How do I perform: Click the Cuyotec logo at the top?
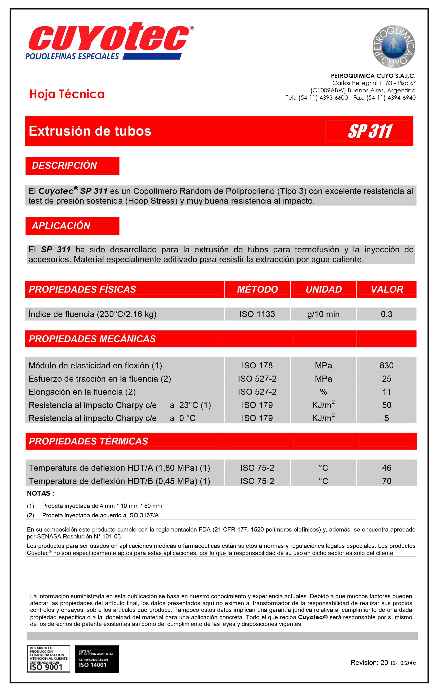click(109, 40)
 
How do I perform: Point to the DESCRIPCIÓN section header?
click(64, 166)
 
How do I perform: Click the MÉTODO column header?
click(257, 289)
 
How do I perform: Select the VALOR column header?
click(387, 289)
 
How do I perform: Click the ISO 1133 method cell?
click(257, 314)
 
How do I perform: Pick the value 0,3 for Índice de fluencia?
click(386, 314)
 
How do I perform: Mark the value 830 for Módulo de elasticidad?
click(386, 366)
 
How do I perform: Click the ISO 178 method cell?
click(257, 366)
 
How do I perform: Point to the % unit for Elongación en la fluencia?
click(323, 392)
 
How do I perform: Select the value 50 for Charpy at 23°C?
click(386, 405)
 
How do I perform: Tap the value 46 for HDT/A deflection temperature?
click(386, 468)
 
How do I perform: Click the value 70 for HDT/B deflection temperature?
click(386, 481)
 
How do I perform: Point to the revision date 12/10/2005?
click(403, 663)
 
